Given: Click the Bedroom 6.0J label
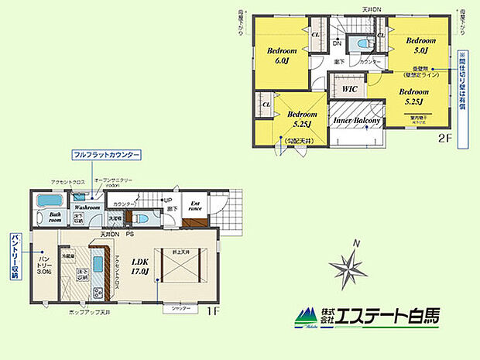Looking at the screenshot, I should [278, 57].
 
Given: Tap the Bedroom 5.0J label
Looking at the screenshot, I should [422, 46].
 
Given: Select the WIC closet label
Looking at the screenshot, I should [348, 90].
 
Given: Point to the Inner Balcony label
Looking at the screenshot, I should [356, 122].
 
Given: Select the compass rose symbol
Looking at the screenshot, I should [350, 268].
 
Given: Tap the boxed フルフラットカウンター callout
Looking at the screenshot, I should [106, 156].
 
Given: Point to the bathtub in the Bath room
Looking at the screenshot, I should [51, 202].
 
